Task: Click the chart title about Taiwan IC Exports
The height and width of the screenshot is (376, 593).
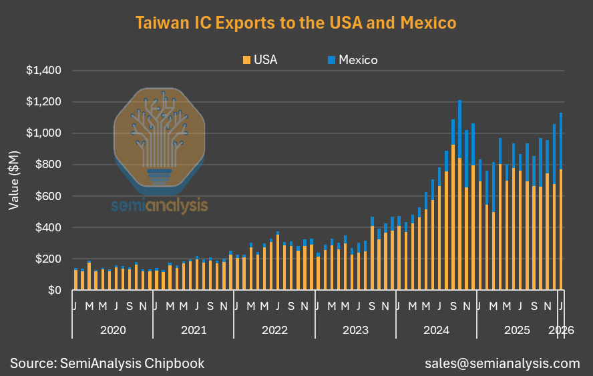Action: tap(296, 23)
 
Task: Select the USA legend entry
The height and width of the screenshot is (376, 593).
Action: tap(260, 60)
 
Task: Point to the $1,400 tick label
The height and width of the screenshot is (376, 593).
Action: tap(43, 71)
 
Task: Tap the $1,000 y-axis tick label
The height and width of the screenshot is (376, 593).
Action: tap(43, 133)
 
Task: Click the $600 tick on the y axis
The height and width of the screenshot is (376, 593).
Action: tap(47, 196)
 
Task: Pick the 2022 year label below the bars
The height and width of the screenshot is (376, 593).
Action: tap(274, 329)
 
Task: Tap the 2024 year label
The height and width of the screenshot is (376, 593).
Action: tap(436, 329)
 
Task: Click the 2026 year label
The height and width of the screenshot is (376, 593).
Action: tap(560, 329)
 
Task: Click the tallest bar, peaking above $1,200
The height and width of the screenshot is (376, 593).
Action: tap(459, 200)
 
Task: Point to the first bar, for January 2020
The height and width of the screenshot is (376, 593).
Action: tap(75, 280)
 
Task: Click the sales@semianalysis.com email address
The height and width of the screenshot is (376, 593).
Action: tap(502, 363)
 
